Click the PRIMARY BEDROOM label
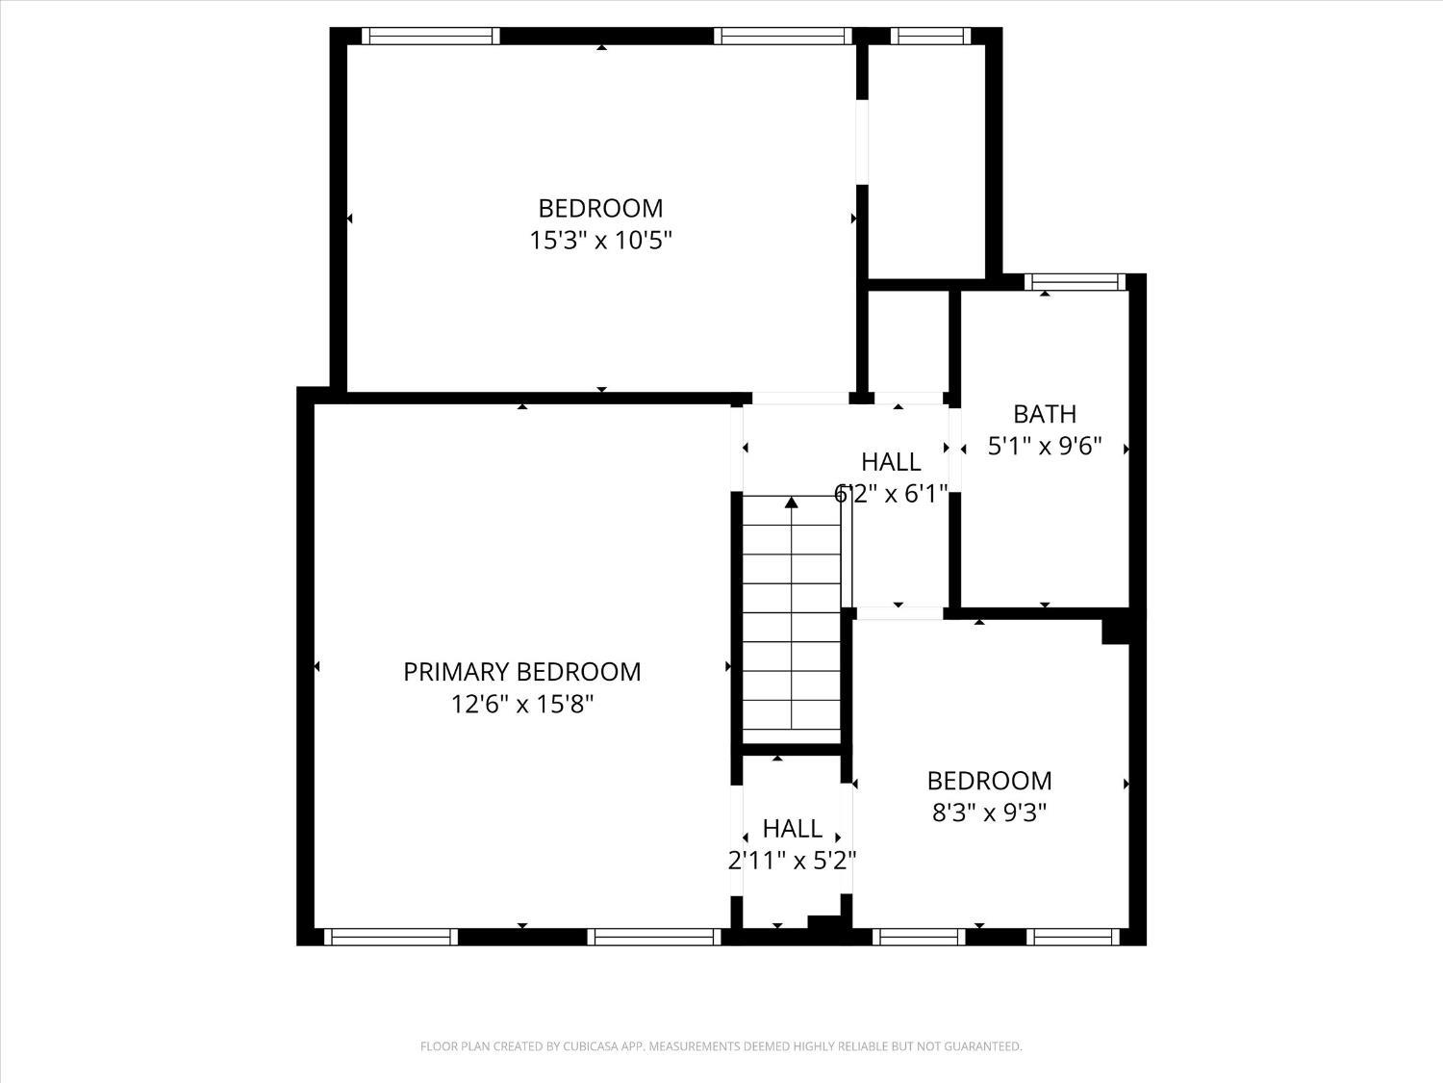point(521,672)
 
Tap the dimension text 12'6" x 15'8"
point(521,705)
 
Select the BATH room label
point(1045,414)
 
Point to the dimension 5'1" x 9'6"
point(1045,447)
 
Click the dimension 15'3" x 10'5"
point(600,240)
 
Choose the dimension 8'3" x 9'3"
point(989,812)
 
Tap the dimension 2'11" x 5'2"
point(792,861)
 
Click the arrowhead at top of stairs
point(792,502)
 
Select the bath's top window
point(1075,282)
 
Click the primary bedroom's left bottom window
point(390,937)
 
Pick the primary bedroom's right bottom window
point(654,937)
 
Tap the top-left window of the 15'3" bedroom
point(430,37)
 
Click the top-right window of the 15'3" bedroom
point(783,37)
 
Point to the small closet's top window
point(929,37)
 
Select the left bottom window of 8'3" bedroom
point(919,937)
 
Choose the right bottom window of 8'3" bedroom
point(1073,937)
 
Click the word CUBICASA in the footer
point(589,1046)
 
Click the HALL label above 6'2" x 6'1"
point(891,462)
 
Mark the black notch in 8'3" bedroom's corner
point(1115,631)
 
